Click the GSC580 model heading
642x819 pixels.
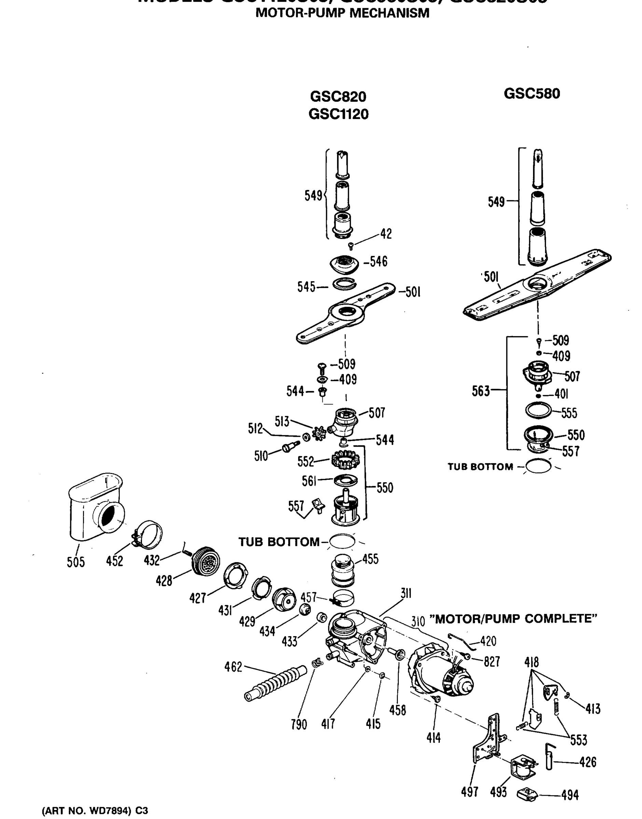click(x=531, y=94)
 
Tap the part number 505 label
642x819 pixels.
click(x=76, y=562)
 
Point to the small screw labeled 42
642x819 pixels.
click(x=351, y=246)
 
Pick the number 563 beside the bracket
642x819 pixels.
click(x=481, y=391)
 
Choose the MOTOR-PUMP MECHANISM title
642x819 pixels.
click(x=342, y=13)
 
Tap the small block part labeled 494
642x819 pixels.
click(x=528, y=794)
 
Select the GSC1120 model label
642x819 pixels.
click(x=338, y=114)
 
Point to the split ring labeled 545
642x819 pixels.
click(x=345, y=284)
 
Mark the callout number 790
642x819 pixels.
click(x=299, y=724)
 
